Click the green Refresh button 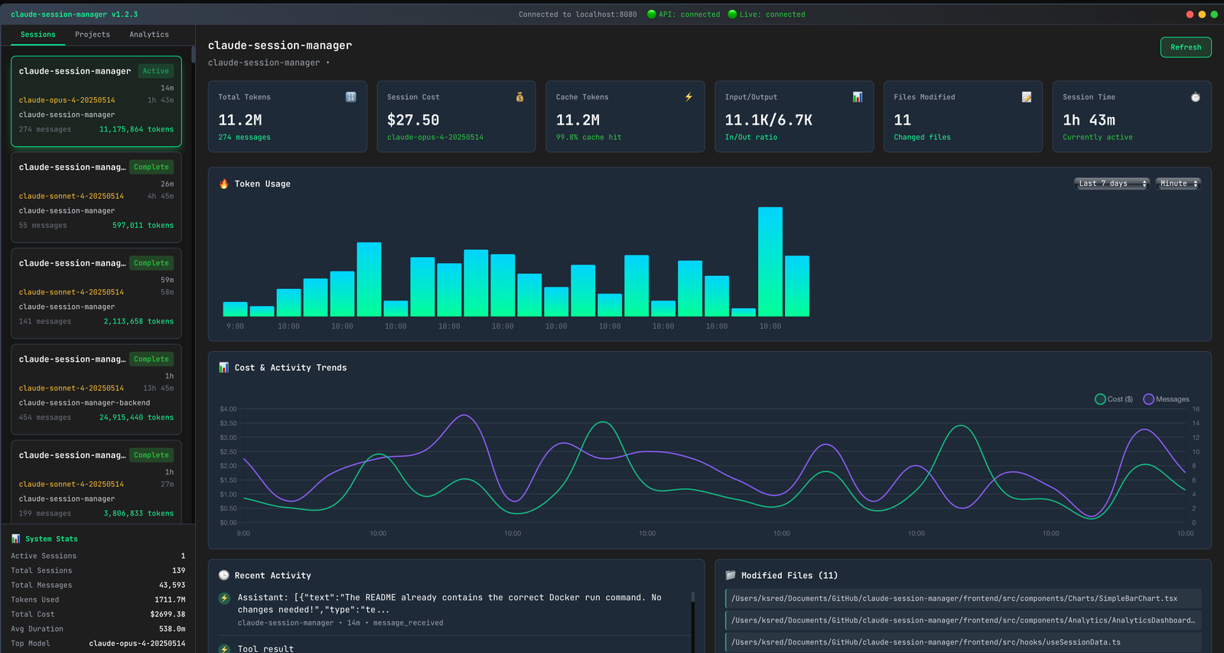1185,47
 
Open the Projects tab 93,34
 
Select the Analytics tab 149,34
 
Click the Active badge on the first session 156,71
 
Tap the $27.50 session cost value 413,120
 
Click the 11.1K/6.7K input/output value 768,120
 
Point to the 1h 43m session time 1089,120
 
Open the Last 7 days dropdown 1112,184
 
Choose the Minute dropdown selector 1178,184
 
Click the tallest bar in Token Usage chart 770,262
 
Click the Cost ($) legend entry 1114,399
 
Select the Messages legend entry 1166,399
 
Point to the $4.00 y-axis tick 228,409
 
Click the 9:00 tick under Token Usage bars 235,326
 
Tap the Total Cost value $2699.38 168,614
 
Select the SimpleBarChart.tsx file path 954,599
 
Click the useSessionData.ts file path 926,642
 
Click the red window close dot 1190,15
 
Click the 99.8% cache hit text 588,138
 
